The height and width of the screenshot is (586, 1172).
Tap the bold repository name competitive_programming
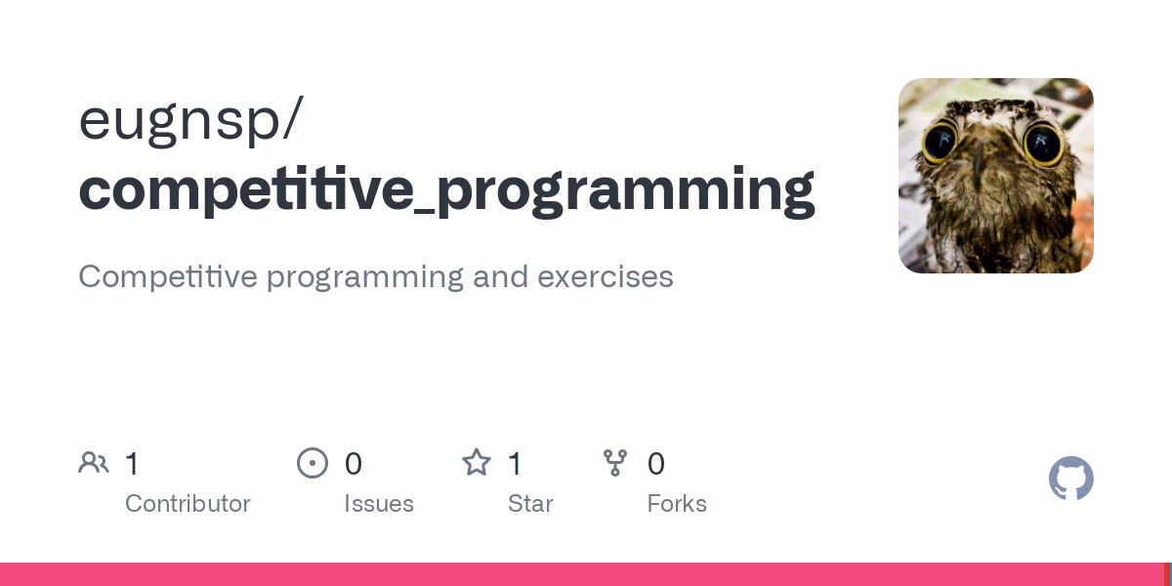coord(446,189)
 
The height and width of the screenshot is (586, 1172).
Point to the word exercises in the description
coord(605,276)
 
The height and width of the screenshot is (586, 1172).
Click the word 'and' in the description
coord(500,276)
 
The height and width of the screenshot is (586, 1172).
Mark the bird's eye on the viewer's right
coord(1042,145)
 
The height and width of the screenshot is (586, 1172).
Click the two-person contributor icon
coord(94,463)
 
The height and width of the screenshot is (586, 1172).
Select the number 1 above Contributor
coord(133,464)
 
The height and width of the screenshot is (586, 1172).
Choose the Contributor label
coord(188,504)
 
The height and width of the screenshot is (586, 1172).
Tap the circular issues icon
coord(313,463)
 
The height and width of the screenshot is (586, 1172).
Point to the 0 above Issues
coord(354,464)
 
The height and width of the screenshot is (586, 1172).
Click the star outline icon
coord(477,462)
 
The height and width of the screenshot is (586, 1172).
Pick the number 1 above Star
coord(516,464)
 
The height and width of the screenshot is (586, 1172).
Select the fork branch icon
coord(615,463)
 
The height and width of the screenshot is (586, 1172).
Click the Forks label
coord(677,504)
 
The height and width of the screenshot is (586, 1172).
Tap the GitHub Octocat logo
coord(1070,479)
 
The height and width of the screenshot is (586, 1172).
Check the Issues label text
coord(379,504)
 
